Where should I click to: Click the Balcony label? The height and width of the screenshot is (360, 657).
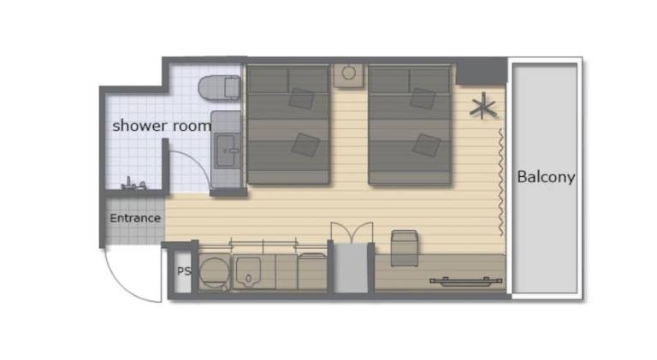pyautogui.click(x=546, y=177)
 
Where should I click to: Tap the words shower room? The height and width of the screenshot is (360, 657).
pyautogui.click(x=162, y=126)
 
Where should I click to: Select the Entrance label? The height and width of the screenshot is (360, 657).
pyautogui.click(x=135, y=218)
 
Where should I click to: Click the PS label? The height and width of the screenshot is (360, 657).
pyautogui.click(x=184, y=271)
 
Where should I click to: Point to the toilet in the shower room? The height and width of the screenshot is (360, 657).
pyautogui.click(x=219, y=87)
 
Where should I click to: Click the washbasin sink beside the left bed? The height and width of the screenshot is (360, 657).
pyautogui.click(x=227, y=150)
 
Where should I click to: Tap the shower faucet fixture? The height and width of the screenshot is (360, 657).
pyautogui.click(x=133, y=184)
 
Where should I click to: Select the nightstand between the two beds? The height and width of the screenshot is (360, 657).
pyautogui.click(x=349, y=75)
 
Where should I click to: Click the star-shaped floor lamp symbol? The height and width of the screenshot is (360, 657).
pyautogui.click(x=483, y=106)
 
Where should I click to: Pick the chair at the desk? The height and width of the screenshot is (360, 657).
pyautogui.click(x=405, y=248)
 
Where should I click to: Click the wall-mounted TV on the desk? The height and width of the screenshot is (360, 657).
pyautogui.click(x=466, y=281)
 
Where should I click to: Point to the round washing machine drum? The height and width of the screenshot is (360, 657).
pyautogui.click(x=214, y=271)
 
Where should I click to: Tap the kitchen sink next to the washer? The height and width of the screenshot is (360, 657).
pyautogui.click(x=247, y=272)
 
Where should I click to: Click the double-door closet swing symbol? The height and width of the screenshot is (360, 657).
pyautogui.click(x=352, y=232)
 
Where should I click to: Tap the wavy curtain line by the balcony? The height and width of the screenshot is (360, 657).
pyautogui.click(x=500, y=182)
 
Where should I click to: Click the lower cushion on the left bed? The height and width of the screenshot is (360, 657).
pyautogui.click(x=306, y=145)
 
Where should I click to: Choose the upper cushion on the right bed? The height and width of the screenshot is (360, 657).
pyautogui.click(x=423, y=98)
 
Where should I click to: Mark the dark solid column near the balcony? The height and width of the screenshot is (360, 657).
pyautogui.click(x=482, y=72)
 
